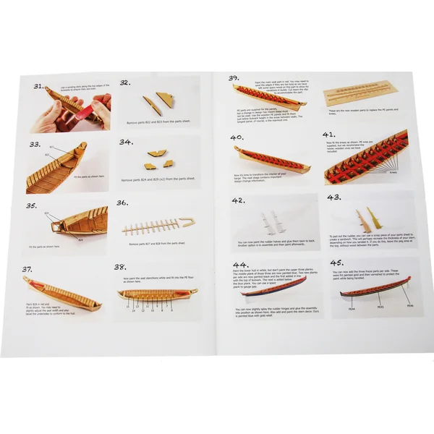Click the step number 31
(42, 86)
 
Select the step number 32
(124, 83)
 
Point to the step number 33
(35, 145)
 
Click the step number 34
(125, 142)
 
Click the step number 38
(120, 267)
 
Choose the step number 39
(234, 78)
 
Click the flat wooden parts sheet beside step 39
(359, 93)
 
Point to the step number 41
(328, 135)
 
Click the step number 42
(239, 200)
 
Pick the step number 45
(336, 263)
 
